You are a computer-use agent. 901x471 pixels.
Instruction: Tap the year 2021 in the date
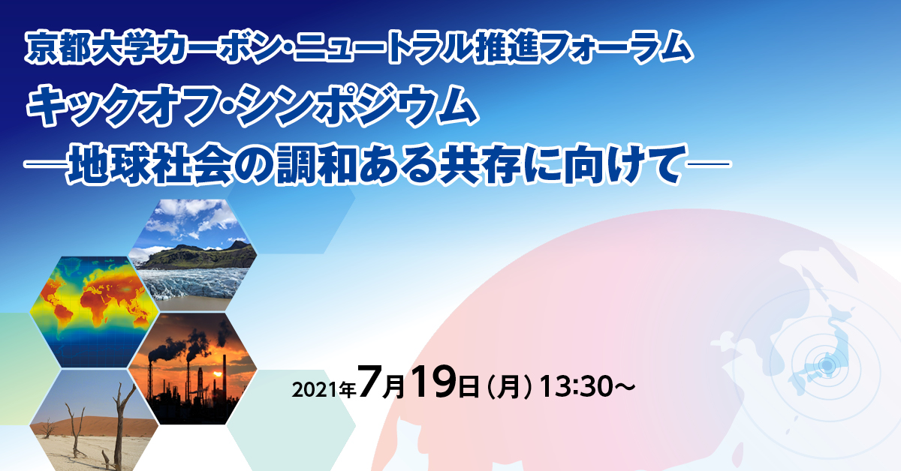pyautogui.click(x=315, y=389)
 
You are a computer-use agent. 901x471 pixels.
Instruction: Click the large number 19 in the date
pyautogui.click(x=434, y=382)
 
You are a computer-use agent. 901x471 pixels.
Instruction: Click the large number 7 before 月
pyautogui.click(x=369, y=382)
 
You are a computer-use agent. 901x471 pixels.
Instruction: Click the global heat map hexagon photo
pyautogui.click(x=95, y=312)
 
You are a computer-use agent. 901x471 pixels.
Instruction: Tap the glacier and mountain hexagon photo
pyautogui.click(x=192, y=255)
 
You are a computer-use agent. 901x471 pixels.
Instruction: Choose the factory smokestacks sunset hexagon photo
pyautogui.click(x=192, y=368)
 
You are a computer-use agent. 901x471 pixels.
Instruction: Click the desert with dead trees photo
pyautogui.click(x=95, y=420)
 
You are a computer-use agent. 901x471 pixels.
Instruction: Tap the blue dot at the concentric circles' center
pyautogui.click(x=826, y=365)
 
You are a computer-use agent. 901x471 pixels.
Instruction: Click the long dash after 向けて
pyautogui.click(x=708, y=164)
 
